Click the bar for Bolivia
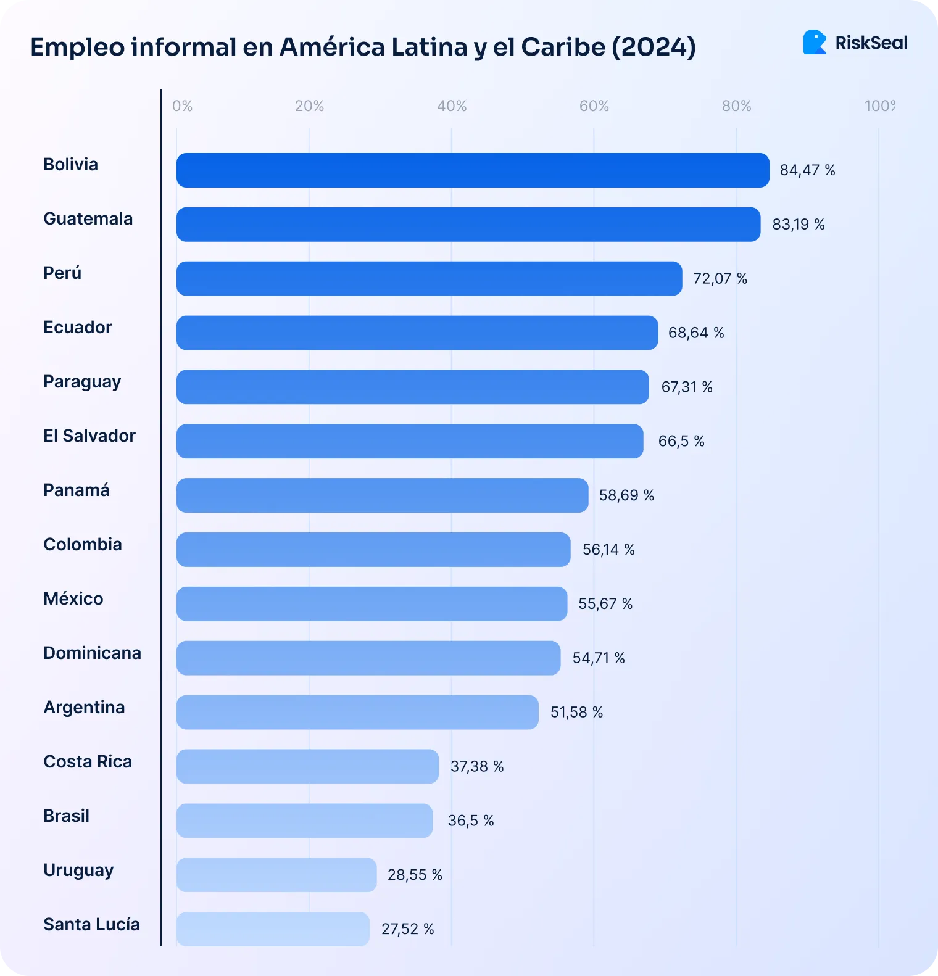click(473, 170)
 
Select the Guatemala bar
click(468, 225)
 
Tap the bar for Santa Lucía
click(273, 929)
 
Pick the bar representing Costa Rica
click(307, 766)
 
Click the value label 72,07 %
click(720, 279)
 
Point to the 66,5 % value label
click(681, 441)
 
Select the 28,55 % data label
click(415, 875)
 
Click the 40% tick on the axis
click(452, 106)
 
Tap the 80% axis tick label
click(736, 106)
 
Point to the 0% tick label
click(182, 106)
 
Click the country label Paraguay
click(82, 382)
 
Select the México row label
click(73, 598)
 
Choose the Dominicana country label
click(92, 653)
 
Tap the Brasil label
click(66, 816)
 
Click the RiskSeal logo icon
click(815, 43)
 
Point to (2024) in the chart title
click(654, 47)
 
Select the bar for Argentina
click(357, 712)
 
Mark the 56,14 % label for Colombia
click(608, 550)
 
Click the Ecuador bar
click(417, 333)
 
